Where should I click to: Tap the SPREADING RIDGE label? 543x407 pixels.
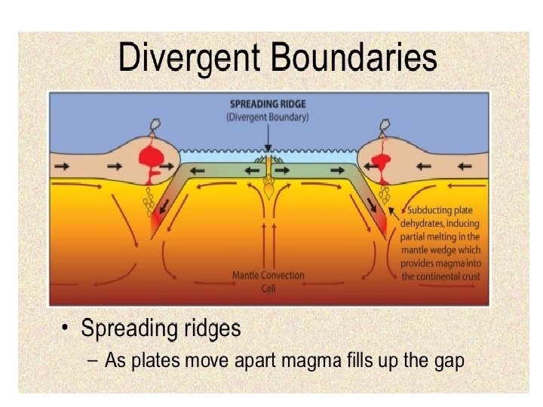pos(268,104)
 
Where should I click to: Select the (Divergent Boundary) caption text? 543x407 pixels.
pos(268,117)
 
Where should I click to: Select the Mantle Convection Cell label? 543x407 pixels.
pos(268,281)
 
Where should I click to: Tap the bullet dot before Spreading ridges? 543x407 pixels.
pos(66,327)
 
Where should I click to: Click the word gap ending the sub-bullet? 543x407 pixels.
pos(449,362)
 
